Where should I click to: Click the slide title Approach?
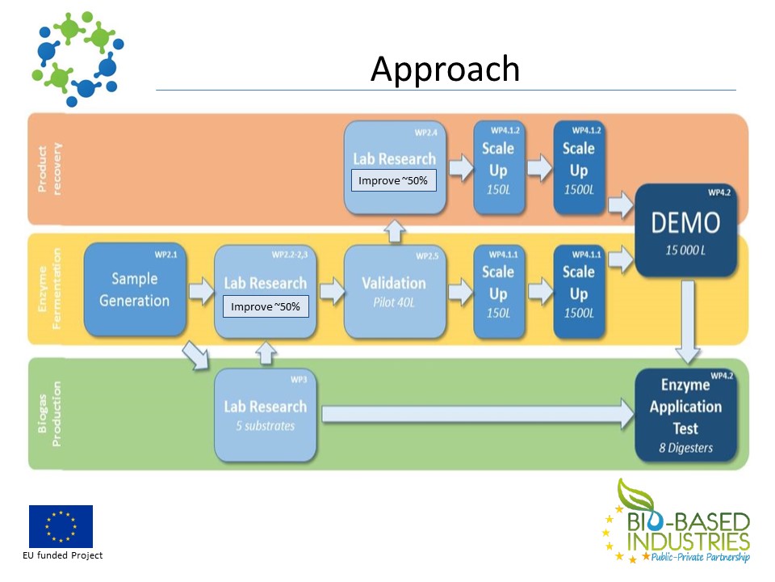click(x=445, y=70)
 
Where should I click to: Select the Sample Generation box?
click(x=135, y=289)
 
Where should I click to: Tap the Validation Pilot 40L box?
click(x=394, y=292)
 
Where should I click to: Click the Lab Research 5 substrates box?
click(x=265, y=414)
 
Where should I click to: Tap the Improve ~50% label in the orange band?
click(x=393, y=181)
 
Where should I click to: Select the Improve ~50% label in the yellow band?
click(x=266, y=307)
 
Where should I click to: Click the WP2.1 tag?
click(x=165, y=255)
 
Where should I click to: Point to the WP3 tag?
click(x=297, y=379)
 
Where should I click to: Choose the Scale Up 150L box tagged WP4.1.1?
click(x=498, y=292)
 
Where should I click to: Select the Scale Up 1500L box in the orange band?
click(x=579, y=167)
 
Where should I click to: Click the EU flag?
click(x=61, y=526)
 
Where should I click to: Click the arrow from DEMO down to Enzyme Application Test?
click(x=686, y=321)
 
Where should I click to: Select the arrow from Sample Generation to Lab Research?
click(x=199, y=289)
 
